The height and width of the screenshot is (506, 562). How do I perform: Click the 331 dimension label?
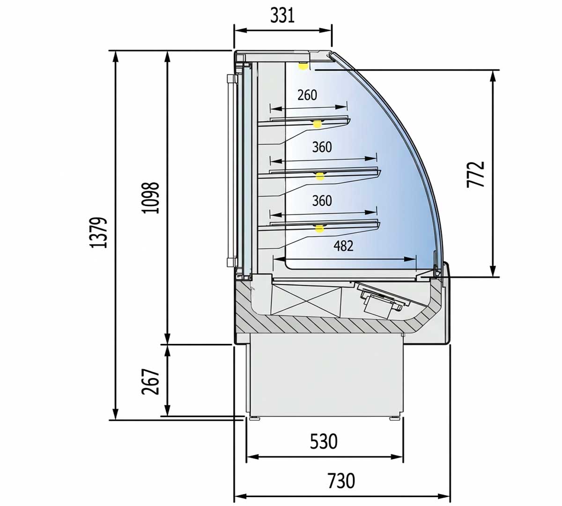[x=282, y=16]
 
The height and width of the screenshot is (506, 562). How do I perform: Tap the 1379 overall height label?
[x=99, y=232]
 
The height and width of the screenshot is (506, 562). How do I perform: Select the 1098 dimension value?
[x=151, y=198]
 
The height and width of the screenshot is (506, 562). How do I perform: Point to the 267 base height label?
[x=150, y=381]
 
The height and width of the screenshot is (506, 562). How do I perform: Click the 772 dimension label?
[x=476, y=174]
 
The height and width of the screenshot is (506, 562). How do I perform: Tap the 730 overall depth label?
[x=341, y=481]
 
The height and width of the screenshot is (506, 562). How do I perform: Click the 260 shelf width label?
[x=307, y=95]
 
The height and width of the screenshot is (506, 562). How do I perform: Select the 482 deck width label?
[x=343, y=246]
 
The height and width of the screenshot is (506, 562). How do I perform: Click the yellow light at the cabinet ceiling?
[x=302, y=67]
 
